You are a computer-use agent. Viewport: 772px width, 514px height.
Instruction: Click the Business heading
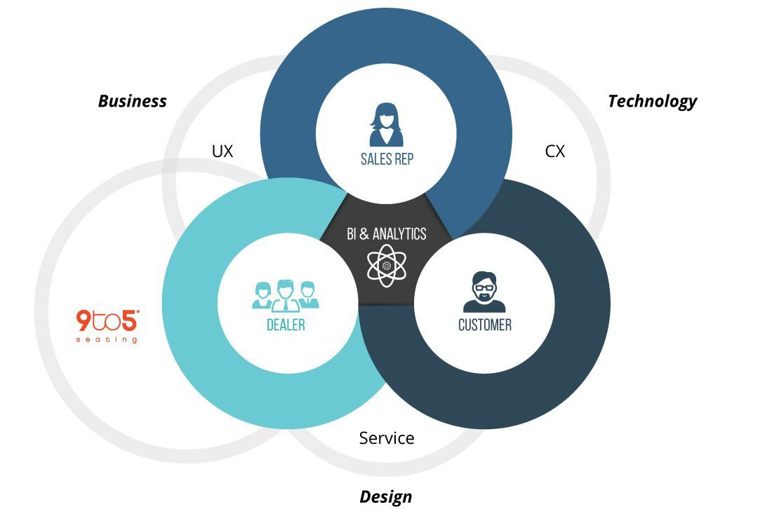coord(133,101)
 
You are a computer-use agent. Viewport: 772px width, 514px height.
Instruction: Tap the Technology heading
coord(652,101)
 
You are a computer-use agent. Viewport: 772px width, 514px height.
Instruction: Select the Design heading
coord(385,497)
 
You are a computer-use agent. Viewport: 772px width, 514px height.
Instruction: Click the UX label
coord(222,151)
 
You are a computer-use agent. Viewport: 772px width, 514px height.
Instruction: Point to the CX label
coord(554,151)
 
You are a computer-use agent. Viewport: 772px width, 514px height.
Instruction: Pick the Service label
coord(387,438)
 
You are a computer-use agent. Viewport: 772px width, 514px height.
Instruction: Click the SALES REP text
coord(386,158)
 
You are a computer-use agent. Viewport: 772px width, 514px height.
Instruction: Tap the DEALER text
coord(286,325)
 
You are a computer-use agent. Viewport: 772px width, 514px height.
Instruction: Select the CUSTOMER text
coord(484,325)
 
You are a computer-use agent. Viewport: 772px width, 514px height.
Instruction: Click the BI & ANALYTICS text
coord(386,234)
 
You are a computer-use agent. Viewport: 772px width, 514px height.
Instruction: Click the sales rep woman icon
coord(386,124)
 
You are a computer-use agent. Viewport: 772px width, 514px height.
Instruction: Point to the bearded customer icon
coord(484,291)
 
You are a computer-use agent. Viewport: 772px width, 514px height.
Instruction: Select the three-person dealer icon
coord(286,295)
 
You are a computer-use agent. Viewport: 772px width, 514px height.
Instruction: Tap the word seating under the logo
coord(107,340)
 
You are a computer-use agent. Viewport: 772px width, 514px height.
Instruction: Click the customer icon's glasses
coord(484,286)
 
